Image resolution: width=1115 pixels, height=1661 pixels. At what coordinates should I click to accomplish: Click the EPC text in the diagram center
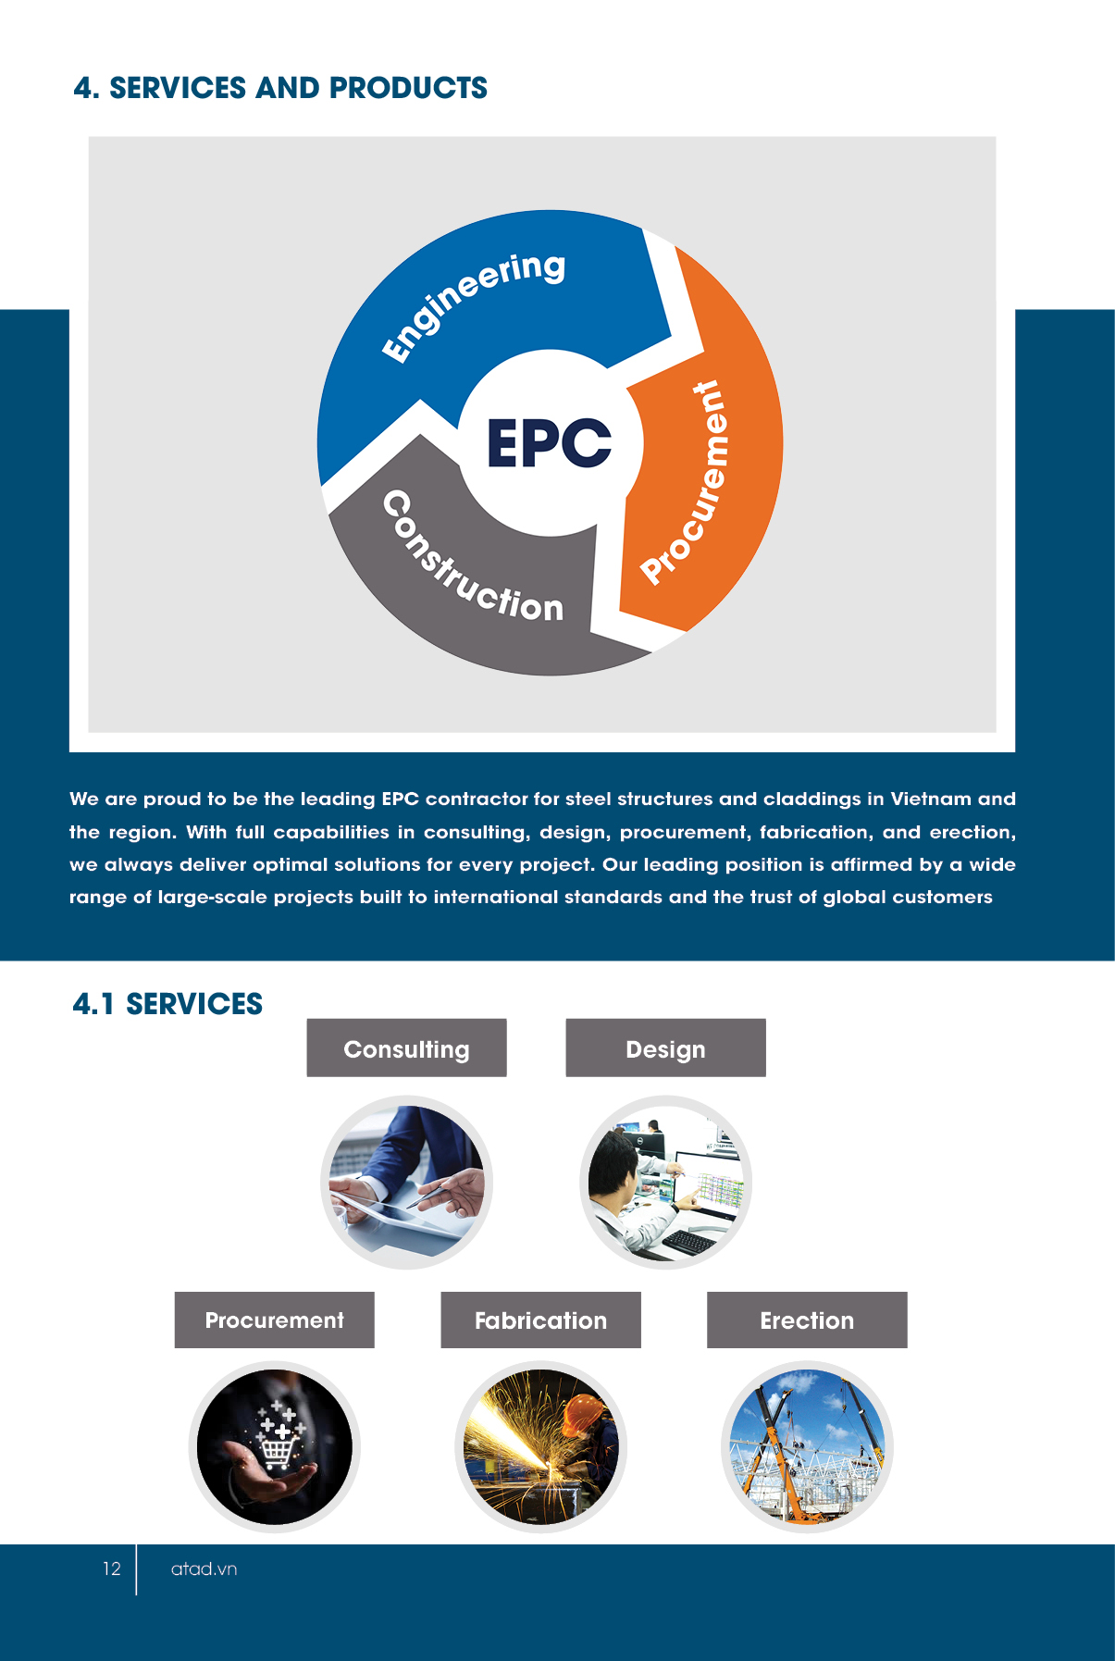click(549, 442)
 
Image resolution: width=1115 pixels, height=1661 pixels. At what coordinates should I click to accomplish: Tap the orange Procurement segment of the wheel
click(703, 463)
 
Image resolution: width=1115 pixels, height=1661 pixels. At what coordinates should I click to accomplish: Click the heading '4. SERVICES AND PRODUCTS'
click(280, 88)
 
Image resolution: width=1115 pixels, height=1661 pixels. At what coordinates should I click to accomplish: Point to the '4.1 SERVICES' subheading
click(167, 1004)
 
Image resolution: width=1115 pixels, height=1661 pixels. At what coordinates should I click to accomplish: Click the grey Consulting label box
click(406, 1048)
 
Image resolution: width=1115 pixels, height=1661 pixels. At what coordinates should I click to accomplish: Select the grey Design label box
click(665, 1048)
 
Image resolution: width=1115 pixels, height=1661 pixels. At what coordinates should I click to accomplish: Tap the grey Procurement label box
click(274, 1320)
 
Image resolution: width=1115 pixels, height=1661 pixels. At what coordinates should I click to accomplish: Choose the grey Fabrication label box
click(540, 1320)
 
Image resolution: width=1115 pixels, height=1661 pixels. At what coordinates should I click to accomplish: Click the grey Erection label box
click(807, 1320)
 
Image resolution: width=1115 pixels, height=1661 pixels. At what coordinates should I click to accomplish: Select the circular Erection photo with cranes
click(807, 1446)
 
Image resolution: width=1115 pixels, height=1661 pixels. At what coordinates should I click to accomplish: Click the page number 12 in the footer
click(111, 1568)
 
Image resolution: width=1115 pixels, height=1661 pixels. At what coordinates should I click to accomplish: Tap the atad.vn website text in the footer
click(204, 1568)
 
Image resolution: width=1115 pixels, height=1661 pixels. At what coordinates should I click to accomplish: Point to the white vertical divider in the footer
click(136, 1568)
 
